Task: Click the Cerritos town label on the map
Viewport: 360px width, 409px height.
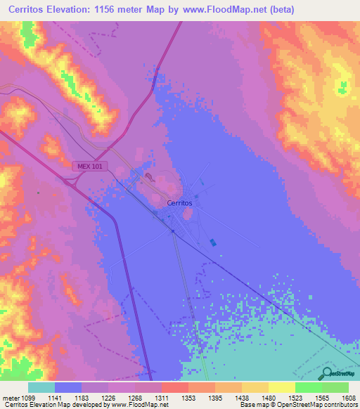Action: [179, 203]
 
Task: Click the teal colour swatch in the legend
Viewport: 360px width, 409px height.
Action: [41, 387]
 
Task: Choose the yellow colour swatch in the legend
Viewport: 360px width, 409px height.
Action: [281, 387]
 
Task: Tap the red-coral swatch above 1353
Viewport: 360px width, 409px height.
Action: [174, 387]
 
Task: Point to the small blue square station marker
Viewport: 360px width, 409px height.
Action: [173, 231]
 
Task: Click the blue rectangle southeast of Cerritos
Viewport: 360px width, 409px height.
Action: [214, 242]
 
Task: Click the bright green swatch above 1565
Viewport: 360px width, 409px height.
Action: [308, 387]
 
